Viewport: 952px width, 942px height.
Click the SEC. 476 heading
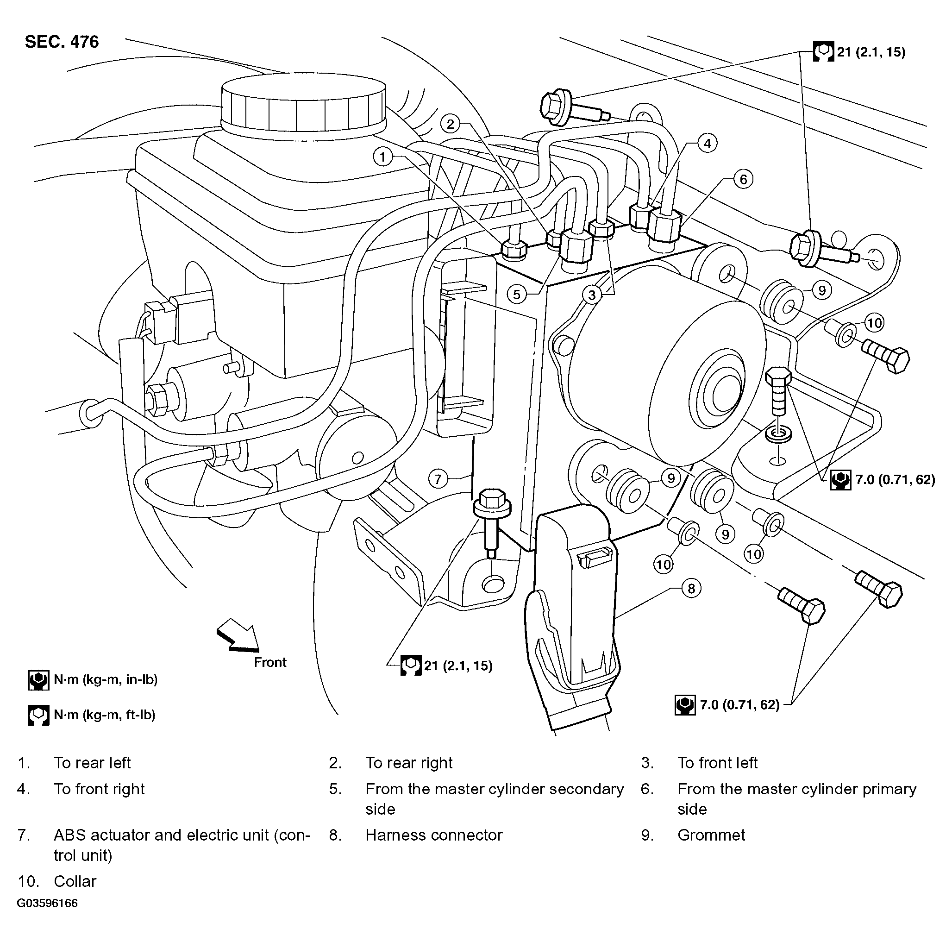pos(62,42)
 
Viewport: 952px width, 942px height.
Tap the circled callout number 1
pos(383,157)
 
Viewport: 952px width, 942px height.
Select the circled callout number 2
pos(451,124)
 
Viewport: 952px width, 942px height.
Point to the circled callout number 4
pos(708,144)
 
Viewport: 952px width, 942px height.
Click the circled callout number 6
pos(744,179)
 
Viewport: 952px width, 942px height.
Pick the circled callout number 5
pos(516,295)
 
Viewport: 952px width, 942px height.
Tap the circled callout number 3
pos(592,295)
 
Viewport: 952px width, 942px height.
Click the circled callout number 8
pos(691,588)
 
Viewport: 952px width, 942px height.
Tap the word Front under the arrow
pos(270,662)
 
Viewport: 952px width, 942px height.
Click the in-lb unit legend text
pos(106,680)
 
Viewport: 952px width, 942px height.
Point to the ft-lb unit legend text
pos(105,715)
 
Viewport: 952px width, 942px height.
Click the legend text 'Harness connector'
pos(433,835)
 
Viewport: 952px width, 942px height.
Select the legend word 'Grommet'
pos(711,835)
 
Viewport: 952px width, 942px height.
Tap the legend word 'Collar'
pos(75,881)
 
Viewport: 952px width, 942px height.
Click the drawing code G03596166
pos(47,903)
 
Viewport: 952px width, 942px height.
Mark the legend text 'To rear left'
pos(92,763)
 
